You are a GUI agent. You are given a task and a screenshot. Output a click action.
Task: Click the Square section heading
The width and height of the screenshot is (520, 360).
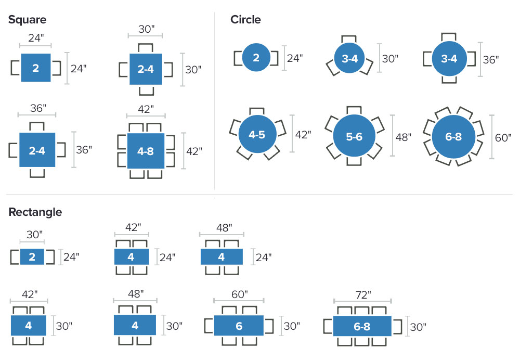(x=27, y=20)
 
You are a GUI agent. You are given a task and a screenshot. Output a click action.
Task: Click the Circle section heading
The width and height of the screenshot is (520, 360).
(x=245, y=20)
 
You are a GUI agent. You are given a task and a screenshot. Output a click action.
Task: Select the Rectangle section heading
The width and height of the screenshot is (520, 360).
(x=35, y=212)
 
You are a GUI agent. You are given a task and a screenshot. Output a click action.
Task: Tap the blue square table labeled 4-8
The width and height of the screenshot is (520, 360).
(x=145, y=151)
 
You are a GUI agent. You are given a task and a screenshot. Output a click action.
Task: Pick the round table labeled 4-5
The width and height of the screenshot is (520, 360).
(x=256, y=135)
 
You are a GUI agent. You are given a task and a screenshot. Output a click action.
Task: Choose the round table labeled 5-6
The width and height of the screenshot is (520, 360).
(x=354, y=137)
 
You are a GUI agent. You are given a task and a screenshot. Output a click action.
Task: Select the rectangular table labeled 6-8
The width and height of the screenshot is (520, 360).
(x=362, y=326)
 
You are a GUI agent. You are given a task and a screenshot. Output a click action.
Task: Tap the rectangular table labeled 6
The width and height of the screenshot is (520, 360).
(x=239, y=326)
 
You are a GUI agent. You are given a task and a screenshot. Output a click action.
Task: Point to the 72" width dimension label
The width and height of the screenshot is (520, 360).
(x=362, y=295)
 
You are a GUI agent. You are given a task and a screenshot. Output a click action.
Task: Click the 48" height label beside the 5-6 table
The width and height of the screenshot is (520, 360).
(x=403, y=137)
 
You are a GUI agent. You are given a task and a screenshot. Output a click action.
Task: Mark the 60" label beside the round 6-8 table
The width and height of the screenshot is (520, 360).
(x=504, y=137)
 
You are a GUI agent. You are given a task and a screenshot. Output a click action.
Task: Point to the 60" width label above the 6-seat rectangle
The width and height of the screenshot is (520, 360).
(x=239, y=294)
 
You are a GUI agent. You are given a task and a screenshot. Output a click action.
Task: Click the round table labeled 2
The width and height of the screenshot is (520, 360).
(x=256, y=58)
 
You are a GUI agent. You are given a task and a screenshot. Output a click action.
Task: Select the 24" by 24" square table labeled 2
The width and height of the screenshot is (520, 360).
(x=36, y=68)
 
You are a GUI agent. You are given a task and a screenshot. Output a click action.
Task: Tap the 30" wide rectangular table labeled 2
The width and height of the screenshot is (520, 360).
(x=32, y=257)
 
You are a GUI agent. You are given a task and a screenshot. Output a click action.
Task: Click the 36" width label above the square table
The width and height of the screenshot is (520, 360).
(x=37, y=109)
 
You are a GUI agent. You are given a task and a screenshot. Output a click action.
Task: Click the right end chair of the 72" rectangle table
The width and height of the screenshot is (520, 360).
(x=398, y=326)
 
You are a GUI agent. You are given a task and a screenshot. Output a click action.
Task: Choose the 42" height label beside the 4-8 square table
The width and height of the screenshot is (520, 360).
(x=194, y=151)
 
